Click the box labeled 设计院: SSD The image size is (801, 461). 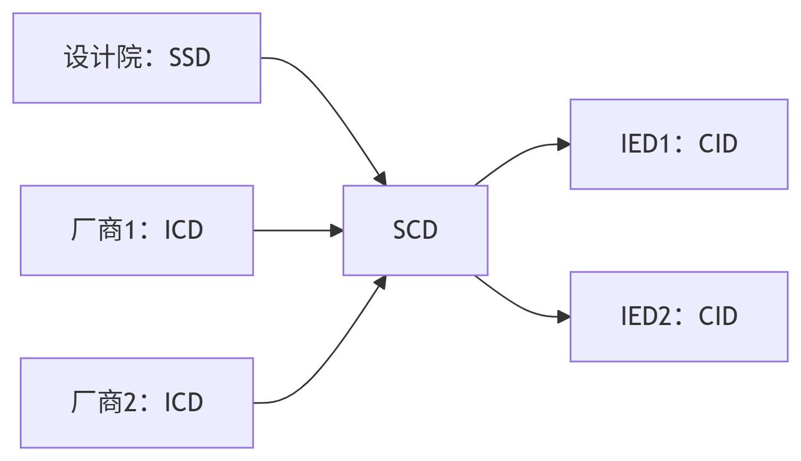[x=136, y=58]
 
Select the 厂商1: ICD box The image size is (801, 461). [x=136, y=230]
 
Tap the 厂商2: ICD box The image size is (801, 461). [x=136, y=402]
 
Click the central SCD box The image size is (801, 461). [x=415, y=230]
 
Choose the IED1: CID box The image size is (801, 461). [x=678, y=144]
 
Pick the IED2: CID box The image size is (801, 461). [x=678, y=317]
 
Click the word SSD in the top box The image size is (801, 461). [x=189, y=58]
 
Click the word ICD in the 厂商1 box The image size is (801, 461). [x=184, y=230]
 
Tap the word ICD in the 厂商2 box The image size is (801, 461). [x=184, y=403]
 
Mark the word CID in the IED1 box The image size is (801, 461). [x=718, y=144]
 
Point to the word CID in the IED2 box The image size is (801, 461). [x=718, y=317]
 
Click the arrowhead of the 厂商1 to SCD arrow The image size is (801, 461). [x=336, y=230]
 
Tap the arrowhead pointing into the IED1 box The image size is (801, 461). [x=563, y=145]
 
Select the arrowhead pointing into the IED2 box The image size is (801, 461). [x=563, y=317]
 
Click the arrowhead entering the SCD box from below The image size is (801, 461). [x=380, y=281]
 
